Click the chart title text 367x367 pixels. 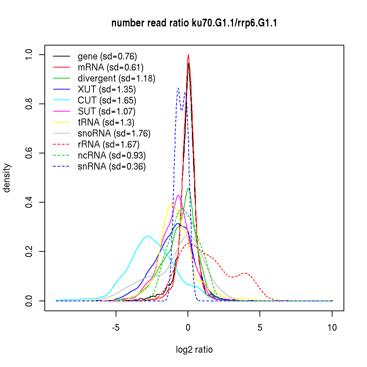click(x=194, y=23)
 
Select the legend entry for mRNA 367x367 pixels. click(x=110, y=67)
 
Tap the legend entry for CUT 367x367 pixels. click(x=107, y=100)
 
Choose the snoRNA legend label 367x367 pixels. click(x=114, y=133)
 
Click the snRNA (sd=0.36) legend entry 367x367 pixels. click(x=112, y=166)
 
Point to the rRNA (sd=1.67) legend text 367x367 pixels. click(x=109, y=144)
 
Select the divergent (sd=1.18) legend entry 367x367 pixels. click(x=116, y=78)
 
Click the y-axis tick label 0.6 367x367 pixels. click(x=29, y=153)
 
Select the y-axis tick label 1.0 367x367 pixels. click(x=29, y=55)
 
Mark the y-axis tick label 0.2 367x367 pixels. click(x=29, y=251)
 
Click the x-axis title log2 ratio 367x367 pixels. click(x=194, y=350)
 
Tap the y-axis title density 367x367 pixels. click(x=7, y=178)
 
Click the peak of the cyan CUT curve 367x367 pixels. click(x=148, y=236)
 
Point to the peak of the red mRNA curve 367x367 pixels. click(x=188, y=55)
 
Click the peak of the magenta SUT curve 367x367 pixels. click(x=178, y=195)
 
